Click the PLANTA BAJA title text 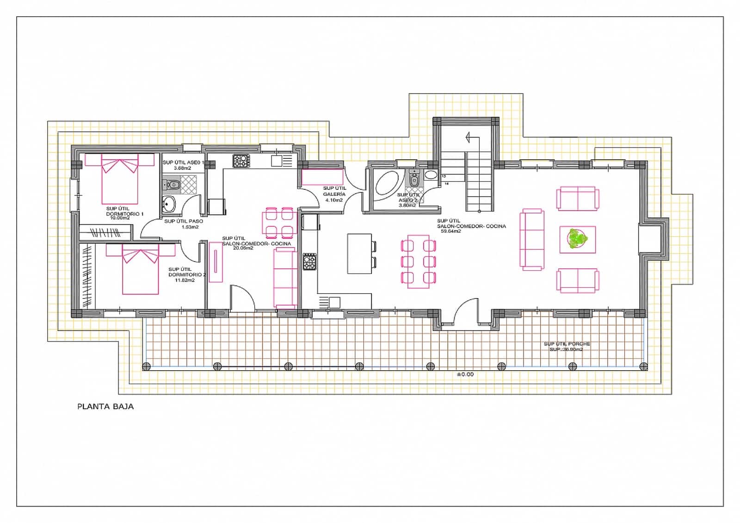point(105,406)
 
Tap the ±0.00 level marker point(465,374)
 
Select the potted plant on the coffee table point(577,239)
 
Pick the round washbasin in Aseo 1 point(169,204)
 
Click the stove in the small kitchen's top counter point(241,161)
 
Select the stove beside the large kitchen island point(309,261)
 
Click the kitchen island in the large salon point(359,253)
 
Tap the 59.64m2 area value point(450,231)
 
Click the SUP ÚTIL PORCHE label point(567,344)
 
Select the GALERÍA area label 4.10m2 point(334,200)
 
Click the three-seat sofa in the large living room point(532,239)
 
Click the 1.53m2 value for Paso point(190,227)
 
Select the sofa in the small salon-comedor point(285,277)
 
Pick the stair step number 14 point(446,184)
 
